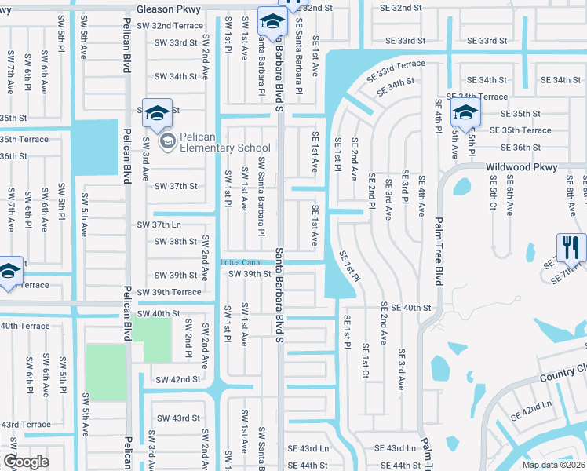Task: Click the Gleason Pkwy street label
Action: click(x=169, y=9)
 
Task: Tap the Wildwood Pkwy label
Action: click(x=521, y=167)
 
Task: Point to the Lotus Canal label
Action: click(x=240, y=261)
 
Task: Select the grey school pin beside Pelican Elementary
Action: click(x=167, y=142)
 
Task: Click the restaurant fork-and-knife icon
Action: click(x=571, y=247)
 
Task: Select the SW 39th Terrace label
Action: click(x=169, y=292)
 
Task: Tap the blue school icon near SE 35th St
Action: click(x=465, y=112)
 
